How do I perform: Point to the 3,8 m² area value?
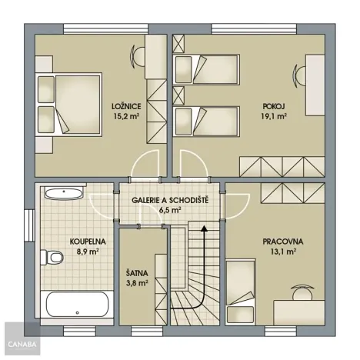[138, 282]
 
